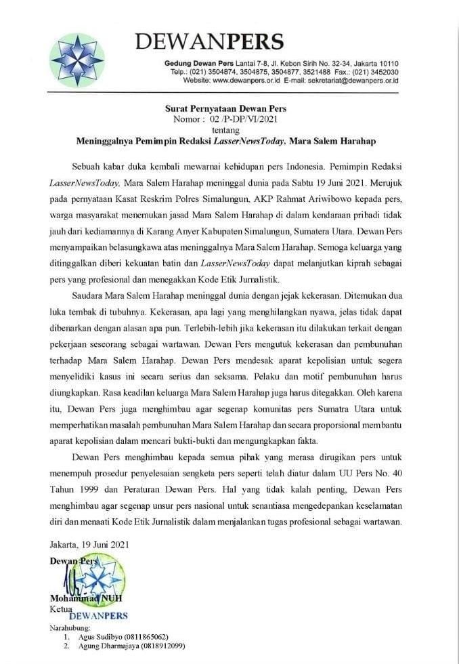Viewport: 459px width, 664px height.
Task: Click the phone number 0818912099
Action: [x=162, y=647]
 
